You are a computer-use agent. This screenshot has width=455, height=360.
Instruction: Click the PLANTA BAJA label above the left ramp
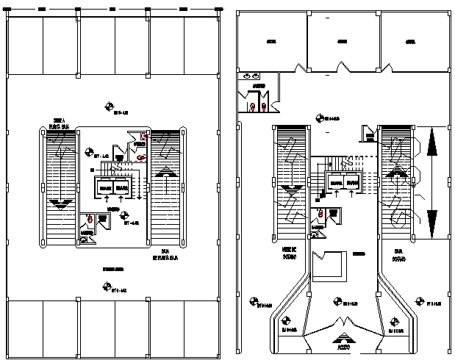tap(58, 125)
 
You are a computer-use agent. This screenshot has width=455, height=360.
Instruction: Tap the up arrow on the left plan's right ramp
tap(167, 171)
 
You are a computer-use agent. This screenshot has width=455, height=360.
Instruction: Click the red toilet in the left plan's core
tap(90, 218)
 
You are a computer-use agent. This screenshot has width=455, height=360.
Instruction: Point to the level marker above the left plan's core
tap(110, 107)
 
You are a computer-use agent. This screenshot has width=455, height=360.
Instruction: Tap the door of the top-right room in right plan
tap(387, 68)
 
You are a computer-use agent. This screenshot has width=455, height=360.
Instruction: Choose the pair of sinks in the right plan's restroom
tap(251, 76)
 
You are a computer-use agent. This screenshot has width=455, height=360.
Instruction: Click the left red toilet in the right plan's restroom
tap(254, 107)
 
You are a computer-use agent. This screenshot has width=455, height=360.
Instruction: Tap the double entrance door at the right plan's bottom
tap(342, 323)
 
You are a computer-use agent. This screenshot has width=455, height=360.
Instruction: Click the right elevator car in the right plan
tap(354, 181)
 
